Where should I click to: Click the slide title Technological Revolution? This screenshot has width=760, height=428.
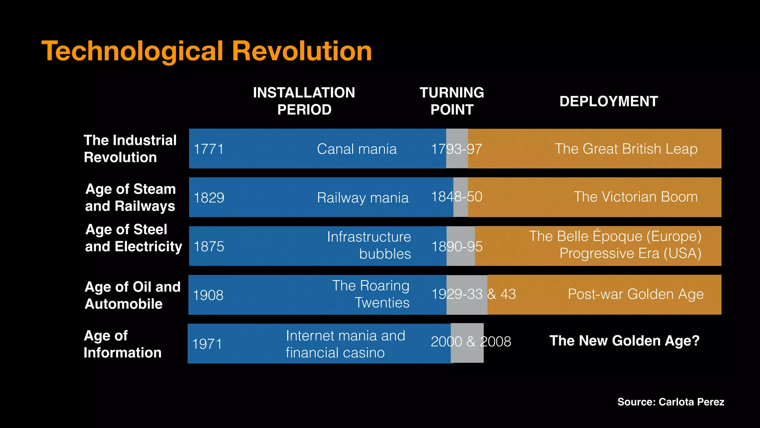tap(207, 51)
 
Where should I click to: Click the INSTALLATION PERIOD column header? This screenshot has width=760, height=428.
tap(304, 101)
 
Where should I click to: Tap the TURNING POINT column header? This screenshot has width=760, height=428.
tap(452, 101)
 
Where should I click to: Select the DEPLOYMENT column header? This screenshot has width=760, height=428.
tap(609, 101)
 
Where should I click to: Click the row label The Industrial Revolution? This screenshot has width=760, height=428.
tap(130, 149)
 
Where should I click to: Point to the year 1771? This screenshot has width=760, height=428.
tap(209, 149)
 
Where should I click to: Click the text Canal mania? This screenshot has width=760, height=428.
tap(357, 149)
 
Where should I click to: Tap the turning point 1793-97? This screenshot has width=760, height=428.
tap(456, 149)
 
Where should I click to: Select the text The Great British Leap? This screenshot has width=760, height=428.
tap(626, 149)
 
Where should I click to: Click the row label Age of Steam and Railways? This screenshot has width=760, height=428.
tap(130, 197)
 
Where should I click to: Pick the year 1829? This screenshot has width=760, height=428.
tap(209, 198)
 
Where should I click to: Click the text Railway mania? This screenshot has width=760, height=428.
tap(363, 198)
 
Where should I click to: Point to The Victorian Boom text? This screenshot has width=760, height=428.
tap(636, 197)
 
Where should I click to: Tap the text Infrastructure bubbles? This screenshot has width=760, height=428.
tap(369, 245)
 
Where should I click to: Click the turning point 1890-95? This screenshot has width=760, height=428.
tap(457, 246)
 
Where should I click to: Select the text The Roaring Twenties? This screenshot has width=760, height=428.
tap(371, 294)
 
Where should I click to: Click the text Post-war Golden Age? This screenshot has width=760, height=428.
tap(636, 294)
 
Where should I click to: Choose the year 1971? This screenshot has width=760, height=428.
tap(207, 344)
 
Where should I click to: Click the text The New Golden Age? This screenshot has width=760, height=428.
tap(625, 341)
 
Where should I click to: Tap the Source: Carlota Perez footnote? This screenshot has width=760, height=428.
tap(671, 402)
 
